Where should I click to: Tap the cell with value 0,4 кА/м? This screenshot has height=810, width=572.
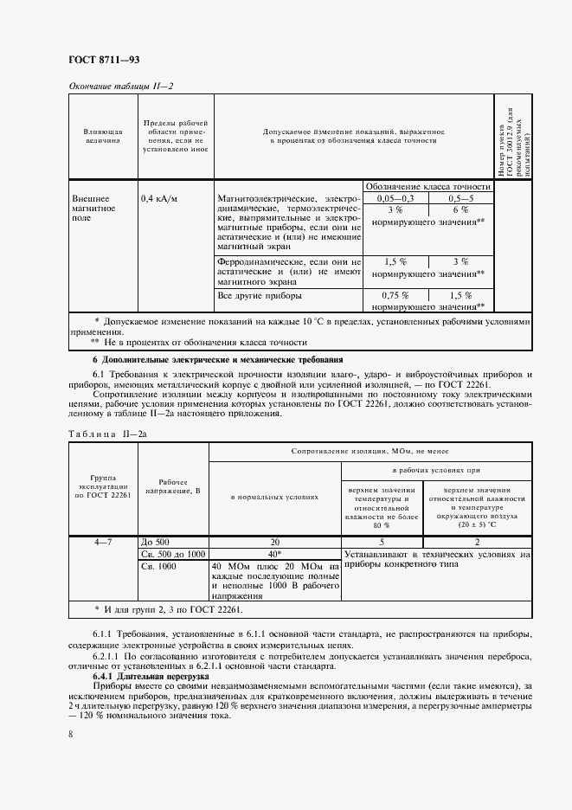tap(158, 198)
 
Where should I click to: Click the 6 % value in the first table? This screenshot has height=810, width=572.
tap(460, 210)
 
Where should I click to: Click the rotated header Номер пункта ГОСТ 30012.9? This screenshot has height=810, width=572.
tap(514, 137)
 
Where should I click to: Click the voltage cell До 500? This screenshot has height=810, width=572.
tap(156, 542)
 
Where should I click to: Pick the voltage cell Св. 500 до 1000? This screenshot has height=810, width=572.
tap(172, 554)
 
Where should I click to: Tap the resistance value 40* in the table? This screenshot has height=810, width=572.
tap(275, 554)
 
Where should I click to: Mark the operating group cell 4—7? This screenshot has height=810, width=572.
tap(102, 542)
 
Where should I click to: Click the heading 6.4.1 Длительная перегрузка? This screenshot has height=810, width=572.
tap(151, 676)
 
